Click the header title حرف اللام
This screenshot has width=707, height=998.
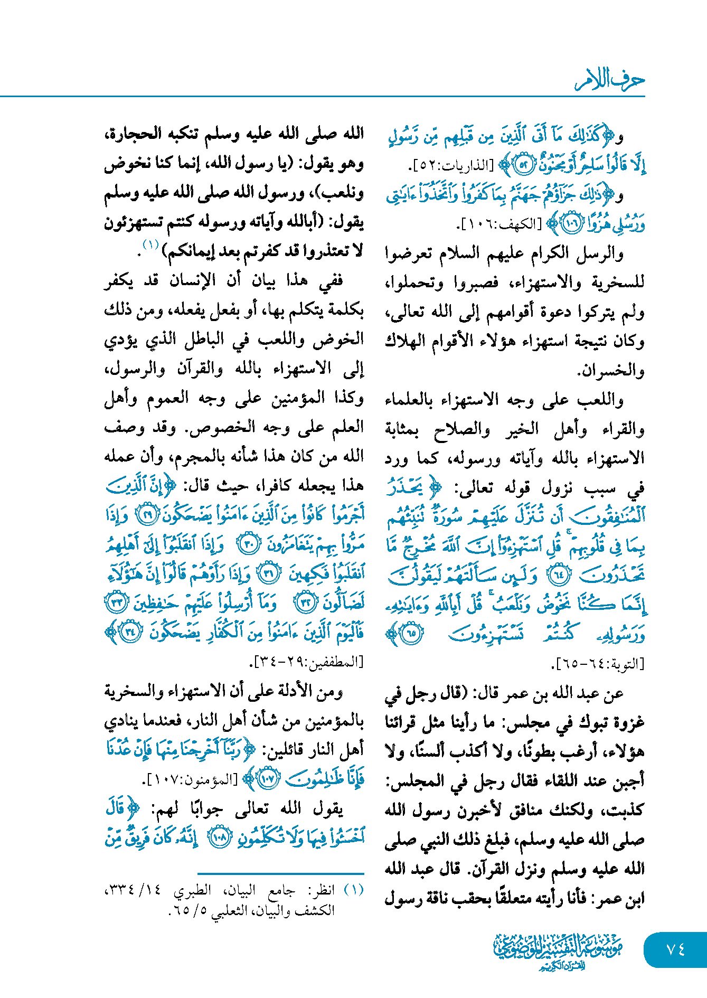click(609, 80)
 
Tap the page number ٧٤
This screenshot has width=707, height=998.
click(676, 949)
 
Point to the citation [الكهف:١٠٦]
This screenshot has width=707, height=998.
click(499, 225)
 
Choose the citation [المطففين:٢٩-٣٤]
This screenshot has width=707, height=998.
click(306, 661)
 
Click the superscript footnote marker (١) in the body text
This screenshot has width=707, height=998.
click(150, 244)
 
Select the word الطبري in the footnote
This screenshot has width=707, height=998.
click(192, 890)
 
